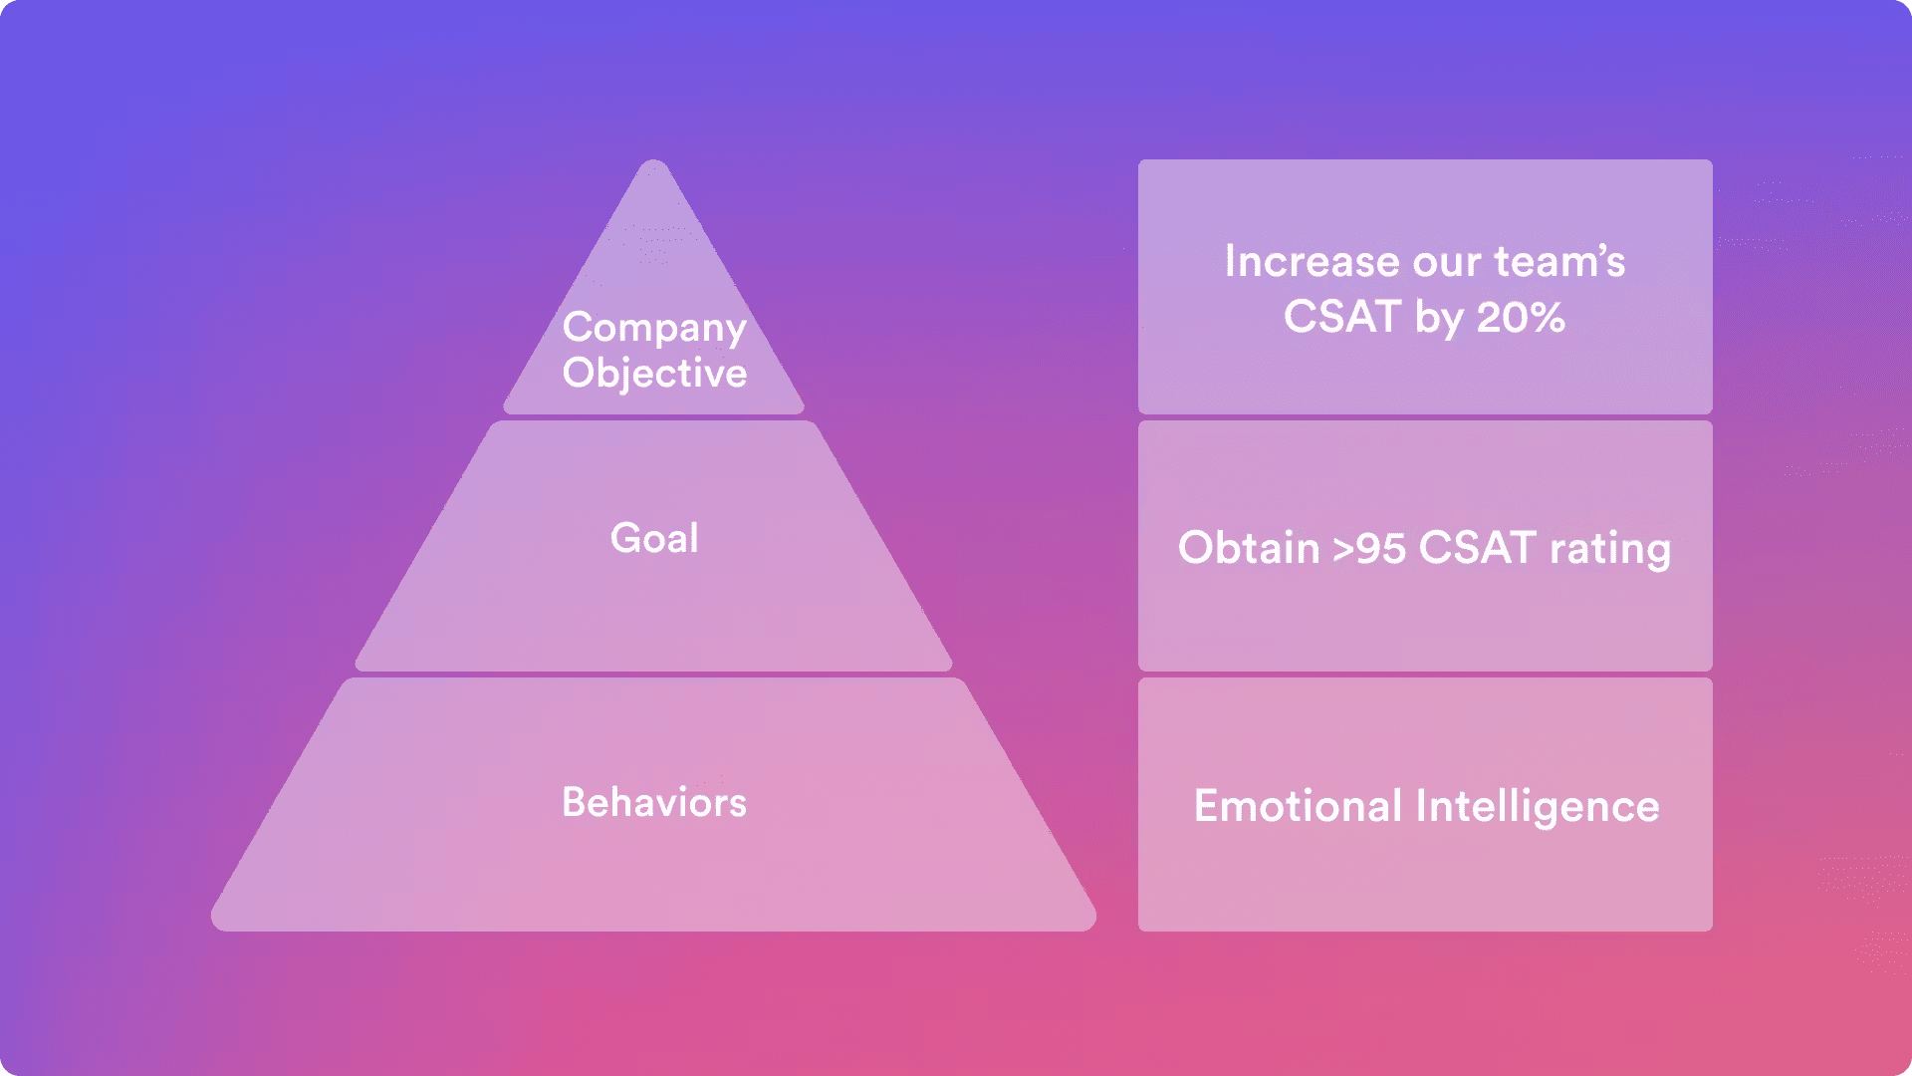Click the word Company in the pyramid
click(654, 328)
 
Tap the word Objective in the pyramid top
click(654, 374)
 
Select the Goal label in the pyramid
click(654, 538)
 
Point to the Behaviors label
click(654, 803)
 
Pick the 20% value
click(1521, 318)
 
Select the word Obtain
click(1248, 548)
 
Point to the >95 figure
click(1369, 549)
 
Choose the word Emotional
click(1298, 806)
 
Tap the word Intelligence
click(1538, 807)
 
